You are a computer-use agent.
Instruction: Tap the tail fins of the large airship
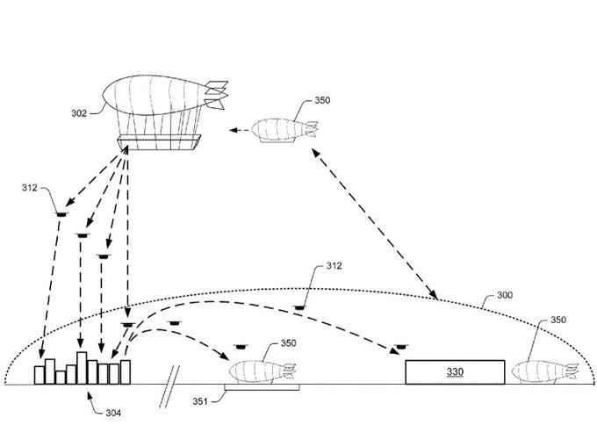[x=218, y=91]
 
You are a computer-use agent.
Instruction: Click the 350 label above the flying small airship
[x=322, y=100]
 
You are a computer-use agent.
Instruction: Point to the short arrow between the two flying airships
[x=235, y=130]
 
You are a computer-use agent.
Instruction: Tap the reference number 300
[x=506, y=295]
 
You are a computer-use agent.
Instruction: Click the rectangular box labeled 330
[x=455, y=371]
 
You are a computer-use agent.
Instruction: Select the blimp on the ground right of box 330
[x=546, y=371]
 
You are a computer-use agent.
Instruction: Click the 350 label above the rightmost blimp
[x=559, y=322]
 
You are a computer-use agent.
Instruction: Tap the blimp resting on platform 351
[x=261, y=371]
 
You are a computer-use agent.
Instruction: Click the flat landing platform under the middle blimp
[x=261, y=386]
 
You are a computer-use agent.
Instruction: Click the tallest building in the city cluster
[x=82, y=367]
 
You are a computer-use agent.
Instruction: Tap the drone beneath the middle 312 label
[x=300, y=306]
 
